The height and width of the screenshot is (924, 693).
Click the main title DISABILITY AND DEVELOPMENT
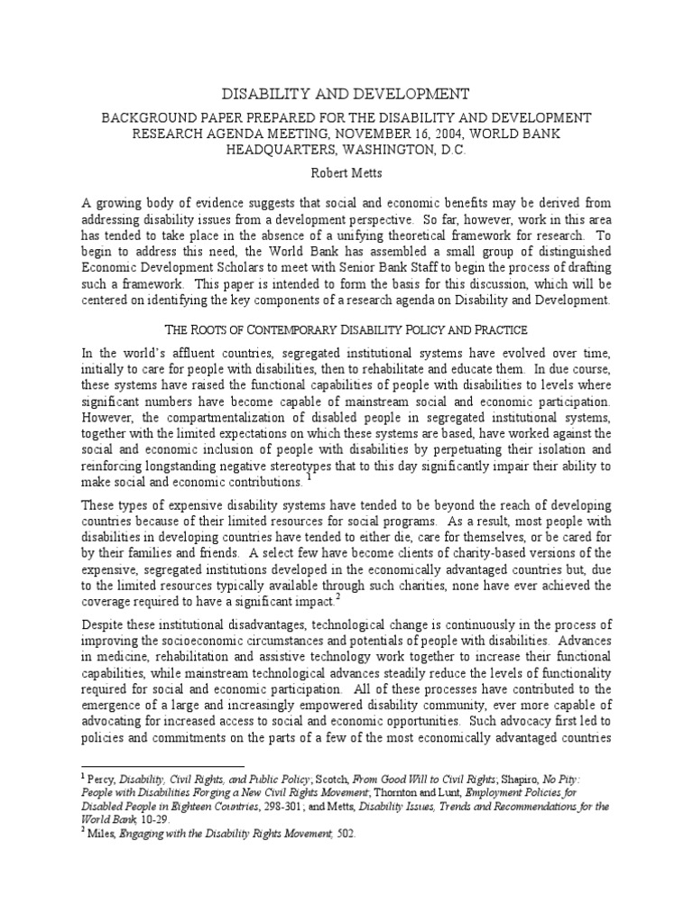346,94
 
